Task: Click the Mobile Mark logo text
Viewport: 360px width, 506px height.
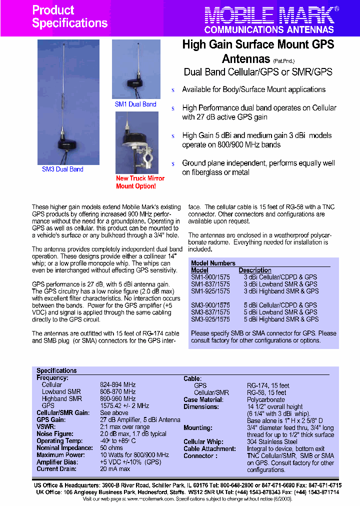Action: [268, 15]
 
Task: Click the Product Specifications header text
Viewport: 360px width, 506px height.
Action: [69, 16]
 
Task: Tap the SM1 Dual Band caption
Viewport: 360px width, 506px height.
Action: [135, 104]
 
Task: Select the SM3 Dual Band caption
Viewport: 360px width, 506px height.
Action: [62, 169]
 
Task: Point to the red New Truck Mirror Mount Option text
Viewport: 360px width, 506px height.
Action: [139, 182]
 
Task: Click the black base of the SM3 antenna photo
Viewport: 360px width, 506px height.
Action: [68, 144]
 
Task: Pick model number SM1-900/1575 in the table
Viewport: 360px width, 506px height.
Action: [210, 277]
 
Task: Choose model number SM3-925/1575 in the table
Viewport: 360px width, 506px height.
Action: [210, 319]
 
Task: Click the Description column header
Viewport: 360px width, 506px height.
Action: [255, 270]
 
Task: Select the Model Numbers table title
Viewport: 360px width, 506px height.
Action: [213, 263]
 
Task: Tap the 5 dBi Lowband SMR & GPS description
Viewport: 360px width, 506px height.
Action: [280, 312]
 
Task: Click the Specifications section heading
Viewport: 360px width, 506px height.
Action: [56, 370]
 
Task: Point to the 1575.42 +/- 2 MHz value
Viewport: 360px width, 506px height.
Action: [124, 406]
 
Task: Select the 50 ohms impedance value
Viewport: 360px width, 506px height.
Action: [112, 448]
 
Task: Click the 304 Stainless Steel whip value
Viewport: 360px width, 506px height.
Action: [272, 442]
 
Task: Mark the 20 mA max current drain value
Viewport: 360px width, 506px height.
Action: [115, 469]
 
